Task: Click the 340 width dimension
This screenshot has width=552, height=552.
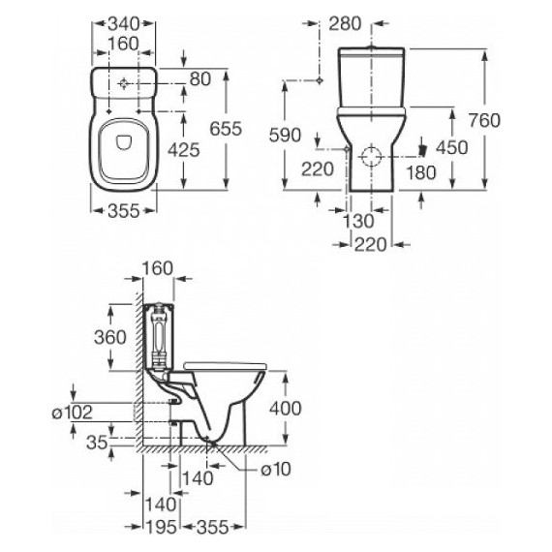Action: [x=124, y=24]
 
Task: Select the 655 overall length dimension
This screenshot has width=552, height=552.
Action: [x=226, y=129]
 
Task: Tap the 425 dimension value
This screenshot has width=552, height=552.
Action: [x=183, y=150]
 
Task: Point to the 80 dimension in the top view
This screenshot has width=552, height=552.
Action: [x=200, y=78]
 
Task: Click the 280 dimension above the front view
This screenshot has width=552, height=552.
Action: [x=345, y=24]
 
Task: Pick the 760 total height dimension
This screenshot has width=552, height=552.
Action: [x=484, y=120]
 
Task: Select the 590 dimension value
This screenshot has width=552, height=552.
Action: [x=285, y=136]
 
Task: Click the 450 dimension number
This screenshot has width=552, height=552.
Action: [x=452, y=147]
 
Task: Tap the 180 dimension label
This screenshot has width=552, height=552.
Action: [x=421, y=172]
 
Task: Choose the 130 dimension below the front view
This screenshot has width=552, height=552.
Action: [x=358, y=221]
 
